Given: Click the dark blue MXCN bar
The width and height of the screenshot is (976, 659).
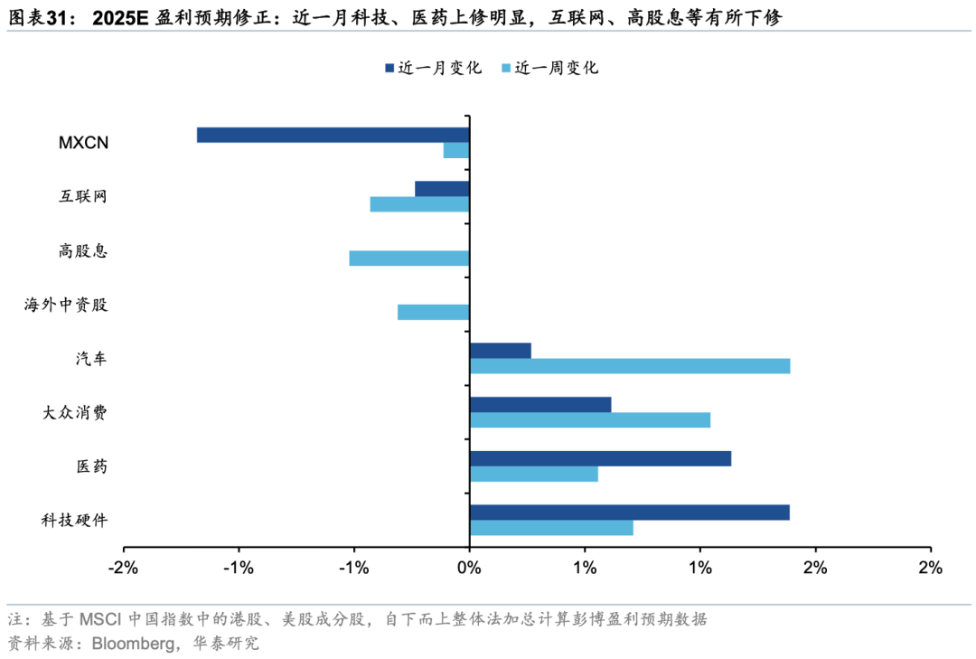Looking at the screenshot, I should click(x=333, y=135).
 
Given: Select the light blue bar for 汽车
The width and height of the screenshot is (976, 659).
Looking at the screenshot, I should click(x=630, y=366).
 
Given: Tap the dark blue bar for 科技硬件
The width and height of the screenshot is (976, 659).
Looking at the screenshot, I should click(x=630, y=513).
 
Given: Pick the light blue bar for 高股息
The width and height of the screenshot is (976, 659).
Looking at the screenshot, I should click(x=409, y=259).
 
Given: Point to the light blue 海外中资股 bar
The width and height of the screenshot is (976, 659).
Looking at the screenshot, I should click(x=434, y=312).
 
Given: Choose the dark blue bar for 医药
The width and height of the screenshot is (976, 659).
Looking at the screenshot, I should click(x=600, y=458).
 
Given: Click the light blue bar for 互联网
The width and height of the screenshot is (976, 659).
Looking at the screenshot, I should click(x=420, y=204).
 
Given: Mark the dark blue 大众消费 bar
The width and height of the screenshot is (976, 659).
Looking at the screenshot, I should click(x=540, y=404).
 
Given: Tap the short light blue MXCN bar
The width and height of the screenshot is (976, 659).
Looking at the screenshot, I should click(x=456, y=150).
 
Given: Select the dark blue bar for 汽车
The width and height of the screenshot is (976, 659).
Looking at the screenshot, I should click(x=501, y=351).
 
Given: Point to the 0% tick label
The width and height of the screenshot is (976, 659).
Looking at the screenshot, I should click(x=468, y=568).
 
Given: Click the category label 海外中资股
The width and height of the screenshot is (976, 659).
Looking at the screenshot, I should click(x=66, y=305).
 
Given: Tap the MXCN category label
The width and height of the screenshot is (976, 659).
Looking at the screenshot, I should click(x=84, y=142).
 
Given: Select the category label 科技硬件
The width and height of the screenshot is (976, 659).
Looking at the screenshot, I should click(x=74, y=520).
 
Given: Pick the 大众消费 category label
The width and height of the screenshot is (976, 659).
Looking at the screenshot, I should click(x=74, y=412).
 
